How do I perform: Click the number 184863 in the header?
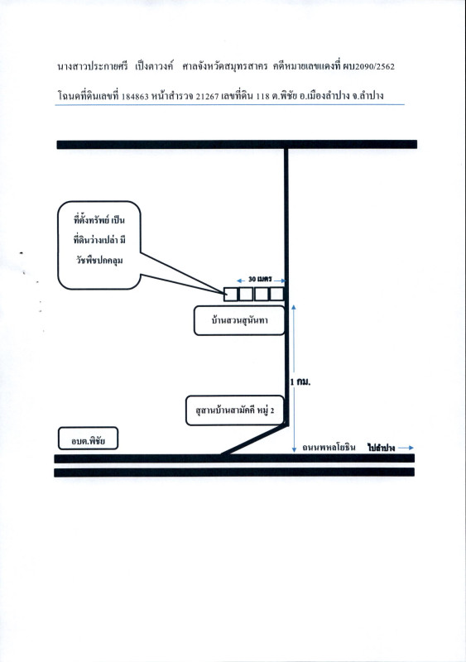(x=135, y=97)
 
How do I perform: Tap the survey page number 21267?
(x=208, y=97)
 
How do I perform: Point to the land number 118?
(x=262, y=96)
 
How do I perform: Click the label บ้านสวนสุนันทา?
(x=239, y=320)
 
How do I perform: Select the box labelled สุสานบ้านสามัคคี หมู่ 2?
(x=235, y=410)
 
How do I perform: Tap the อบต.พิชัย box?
(x=88, y=439)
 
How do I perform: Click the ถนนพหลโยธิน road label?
(x=329, y=448)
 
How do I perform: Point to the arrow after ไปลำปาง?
(x=406, y=448)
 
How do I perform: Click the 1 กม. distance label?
(x=300, y=382)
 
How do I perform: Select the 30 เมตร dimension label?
(x=260, y=280)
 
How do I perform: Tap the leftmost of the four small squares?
(x=230, y=294)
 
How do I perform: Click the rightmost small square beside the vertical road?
(x=276, y=294)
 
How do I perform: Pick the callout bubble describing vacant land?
(x=98, y=245)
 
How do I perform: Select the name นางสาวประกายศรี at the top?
(x=93, y=67)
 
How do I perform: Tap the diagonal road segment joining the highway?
(x=255, y=439)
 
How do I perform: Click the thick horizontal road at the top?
(x=237, y=145)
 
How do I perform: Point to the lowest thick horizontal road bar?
(x=234, y=473)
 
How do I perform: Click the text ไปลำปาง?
(x=381, y=448)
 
